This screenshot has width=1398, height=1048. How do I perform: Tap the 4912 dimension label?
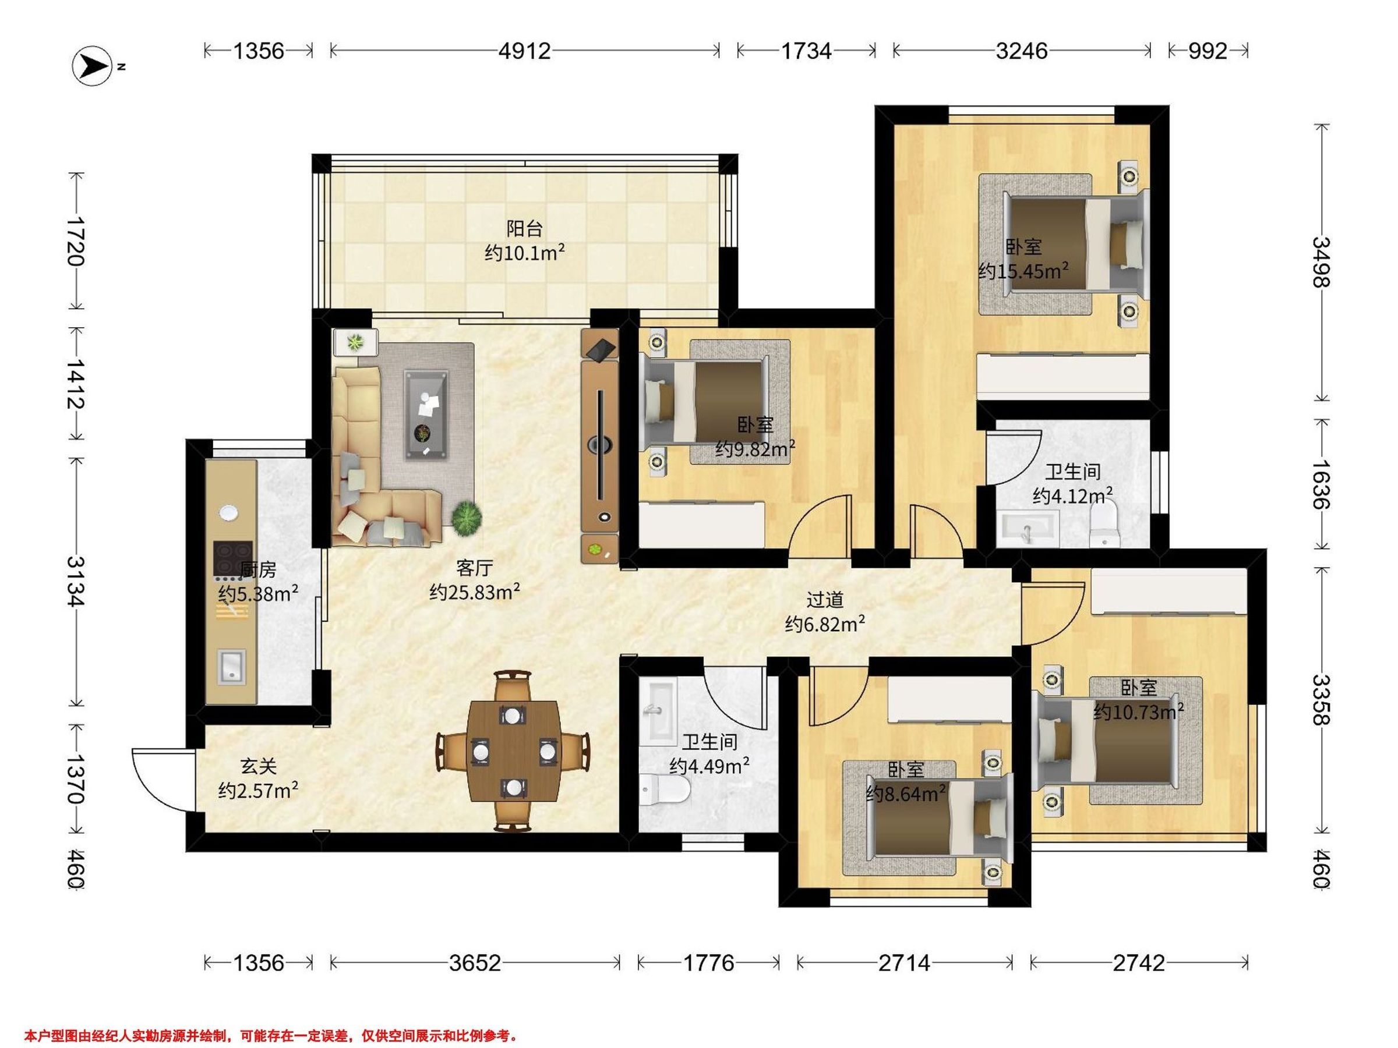pos(525,51)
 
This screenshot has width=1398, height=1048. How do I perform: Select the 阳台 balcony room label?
pos(525,228)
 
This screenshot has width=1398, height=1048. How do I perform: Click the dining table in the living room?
pos(513,751)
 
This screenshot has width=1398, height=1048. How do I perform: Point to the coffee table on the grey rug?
pos(427,414)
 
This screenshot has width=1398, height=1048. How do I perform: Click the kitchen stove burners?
pos(232,560)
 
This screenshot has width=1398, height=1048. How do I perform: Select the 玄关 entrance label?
pos(259,766)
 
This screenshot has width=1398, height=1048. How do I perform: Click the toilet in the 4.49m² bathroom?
pos(663,789)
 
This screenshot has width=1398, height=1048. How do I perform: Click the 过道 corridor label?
pos(825,599)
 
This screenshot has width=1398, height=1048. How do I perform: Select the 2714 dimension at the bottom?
pos(905,964)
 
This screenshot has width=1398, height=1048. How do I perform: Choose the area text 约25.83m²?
pos(475,592)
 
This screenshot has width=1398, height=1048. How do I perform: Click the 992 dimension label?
pos(1208,51)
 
